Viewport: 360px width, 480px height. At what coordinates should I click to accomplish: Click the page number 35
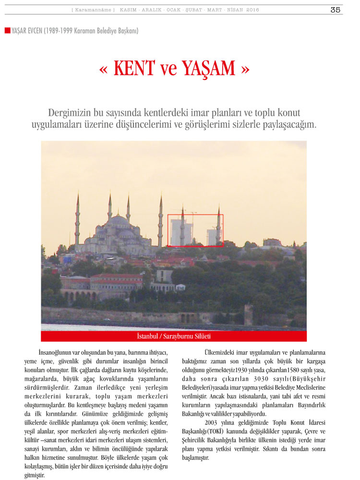point(335,10)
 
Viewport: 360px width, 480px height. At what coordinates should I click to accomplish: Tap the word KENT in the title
point(134,69)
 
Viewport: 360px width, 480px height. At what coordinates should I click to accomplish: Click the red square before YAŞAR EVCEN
point(7,30)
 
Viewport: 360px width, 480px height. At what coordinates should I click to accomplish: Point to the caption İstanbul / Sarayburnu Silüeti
point(173,336)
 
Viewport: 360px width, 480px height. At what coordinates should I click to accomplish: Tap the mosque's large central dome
point(120,221)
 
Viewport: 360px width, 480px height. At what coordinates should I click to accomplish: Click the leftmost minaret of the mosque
point(77,221)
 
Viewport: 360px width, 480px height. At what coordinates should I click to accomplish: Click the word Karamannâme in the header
point(94,10)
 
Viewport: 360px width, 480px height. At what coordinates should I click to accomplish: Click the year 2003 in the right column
point(213,422)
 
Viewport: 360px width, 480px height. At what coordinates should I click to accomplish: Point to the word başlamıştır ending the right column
point(195,457)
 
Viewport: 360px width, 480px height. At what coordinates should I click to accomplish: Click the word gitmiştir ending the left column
point(35,475)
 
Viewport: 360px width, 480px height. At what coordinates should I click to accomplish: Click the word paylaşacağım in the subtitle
point(291,124)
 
